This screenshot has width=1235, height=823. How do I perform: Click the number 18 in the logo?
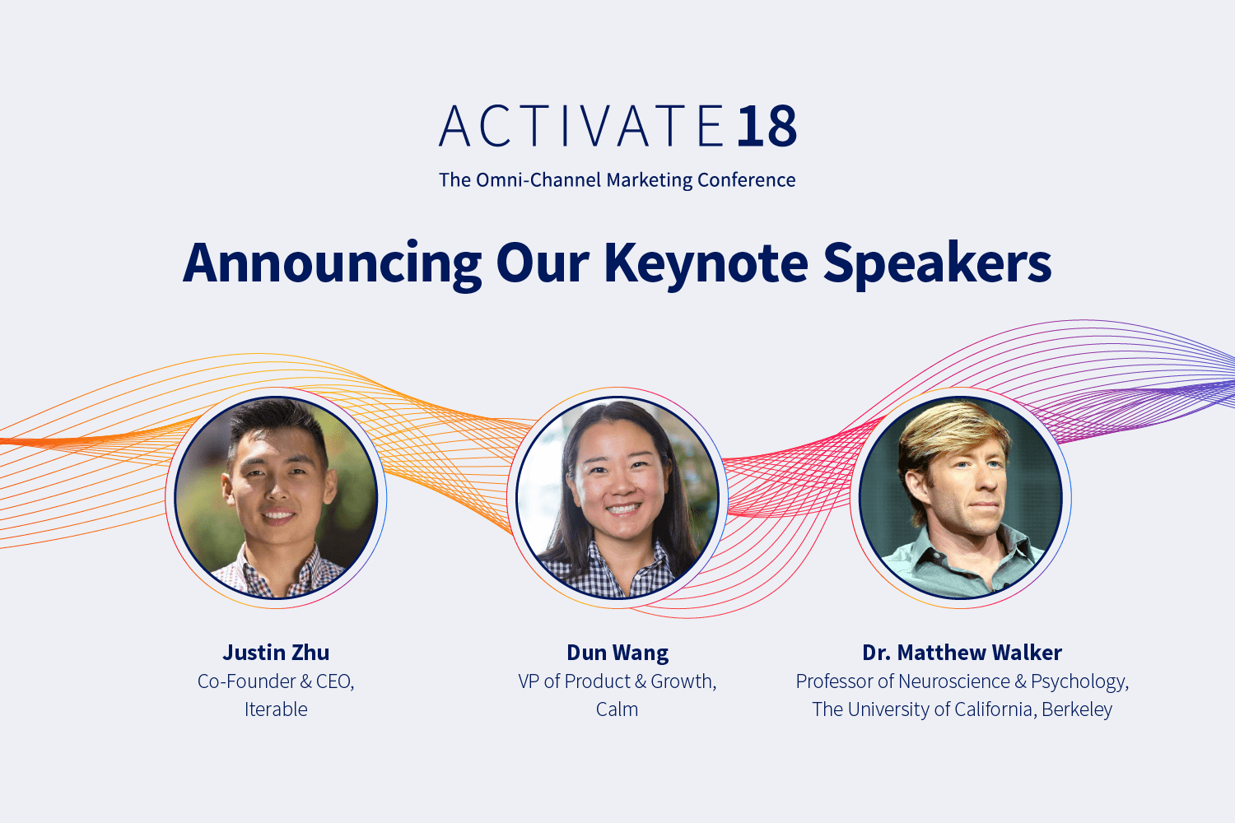click(x=767, y=127)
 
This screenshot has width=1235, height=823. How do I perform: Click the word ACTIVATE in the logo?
click(x=581, y=127)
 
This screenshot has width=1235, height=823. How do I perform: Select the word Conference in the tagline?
click(x=746, y=180)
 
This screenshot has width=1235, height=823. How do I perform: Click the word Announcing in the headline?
click(x=332, y=263)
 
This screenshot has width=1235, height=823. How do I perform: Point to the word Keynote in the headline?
click(x=706, y=263)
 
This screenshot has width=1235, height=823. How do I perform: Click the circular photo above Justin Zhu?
click(x=276, y=498)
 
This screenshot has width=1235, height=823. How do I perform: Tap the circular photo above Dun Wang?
click(x=617, y=498)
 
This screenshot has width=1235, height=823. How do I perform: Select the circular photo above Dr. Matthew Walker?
click(x=961, y=498)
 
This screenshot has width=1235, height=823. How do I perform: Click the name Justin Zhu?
click(x=276, y=653)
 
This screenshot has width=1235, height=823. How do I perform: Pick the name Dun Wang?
click(x=617, y=653)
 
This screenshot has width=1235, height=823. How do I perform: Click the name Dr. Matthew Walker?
click(x=962, y=653)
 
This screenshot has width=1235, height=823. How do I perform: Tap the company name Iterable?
click(x=276, y=709)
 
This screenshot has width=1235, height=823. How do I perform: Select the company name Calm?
click(x=617, y=709)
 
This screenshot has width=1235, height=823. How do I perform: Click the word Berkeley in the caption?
click(x=1076, y=709)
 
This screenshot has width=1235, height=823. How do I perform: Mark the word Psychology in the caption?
click(x=1079, y=682)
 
